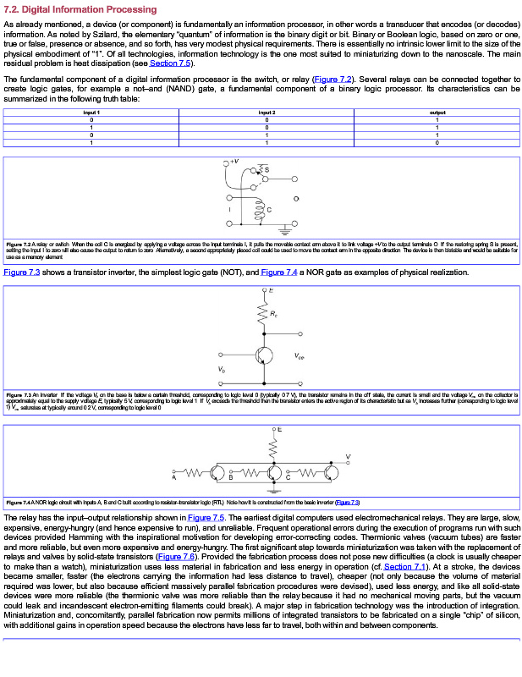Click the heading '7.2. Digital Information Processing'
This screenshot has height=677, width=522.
(x=80, y=9)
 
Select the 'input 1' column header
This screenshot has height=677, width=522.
(x=91, y=112)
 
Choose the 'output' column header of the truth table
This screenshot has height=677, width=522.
(x=437, y=112)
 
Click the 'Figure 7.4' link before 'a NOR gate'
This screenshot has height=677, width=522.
(x=283, y=272)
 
